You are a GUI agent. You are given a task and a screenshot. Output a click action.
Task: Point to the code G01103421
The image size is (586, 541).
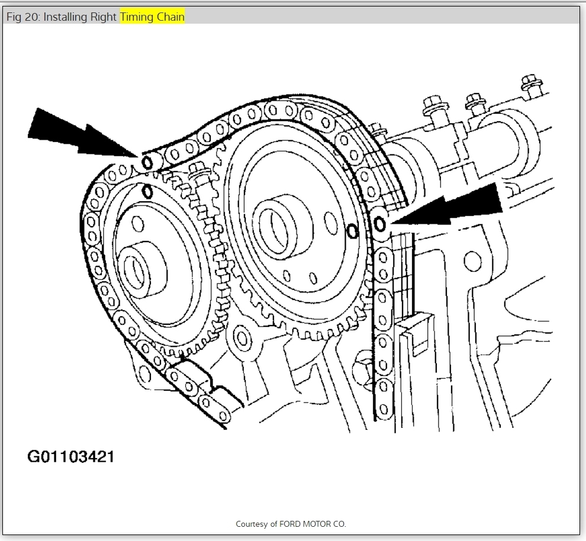click(70, 457)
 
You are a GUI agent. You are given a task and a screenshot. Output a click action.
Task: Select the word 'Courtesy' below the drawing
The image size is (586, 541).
click(252, 524)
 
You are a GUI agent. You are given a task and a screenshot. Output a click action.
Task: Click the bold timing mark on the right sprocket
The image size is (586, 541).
click(352, 231)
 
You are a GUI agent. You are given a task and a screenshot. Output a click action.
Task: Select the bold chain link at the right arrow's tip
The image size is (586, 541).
click(379, 223)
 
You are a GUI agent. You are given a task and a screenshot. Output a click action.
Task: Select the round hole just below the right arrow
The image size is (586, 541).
click(472, 259)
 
